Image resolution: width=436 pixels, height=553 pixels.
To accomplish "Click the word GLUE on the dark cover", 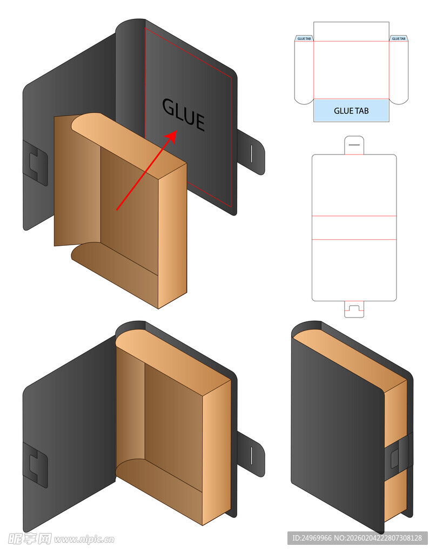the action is (183, 114).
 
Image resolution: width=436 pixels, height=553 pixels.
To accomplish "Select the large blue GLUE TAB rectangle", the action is (351, 110).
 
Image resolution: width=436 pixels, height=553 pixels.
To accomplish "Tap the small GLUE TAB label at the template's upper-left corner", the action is (304, 38).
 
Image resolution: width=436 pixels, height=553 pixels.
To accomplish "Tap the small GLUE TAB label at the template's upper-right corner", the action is (399, 38).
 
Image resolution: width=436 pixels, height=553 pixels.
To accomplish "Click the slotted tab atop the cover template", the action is (354, 145).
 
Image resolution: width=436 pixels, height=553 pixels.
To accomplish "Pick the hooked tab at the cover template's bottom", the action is (354, 309).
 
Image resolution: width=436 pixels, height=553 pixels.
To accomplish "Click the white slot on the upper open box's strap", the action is (252, 154).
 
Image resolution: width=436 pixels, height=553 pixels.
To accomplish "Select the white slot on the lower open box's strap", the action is (252, 456).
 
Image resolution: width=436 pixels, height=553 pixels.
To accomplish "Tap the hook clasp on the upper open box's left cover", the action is (35, 163).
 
